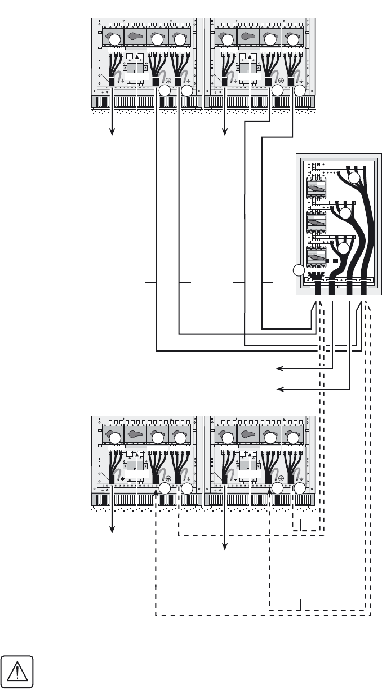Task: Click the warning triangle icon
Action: tap(17, 672)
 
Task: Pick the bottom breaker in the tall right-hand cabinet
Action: tap(316, 257)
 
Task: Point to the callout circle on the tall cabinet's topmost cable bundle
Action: tap(354, 178)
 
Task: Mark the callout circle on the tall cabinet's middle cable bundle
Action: tap(345, 214)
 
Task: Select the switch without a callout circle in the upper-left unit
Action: tap(135, 38)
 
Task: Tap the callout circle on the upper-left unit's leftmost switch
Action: tap(114, 39)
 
